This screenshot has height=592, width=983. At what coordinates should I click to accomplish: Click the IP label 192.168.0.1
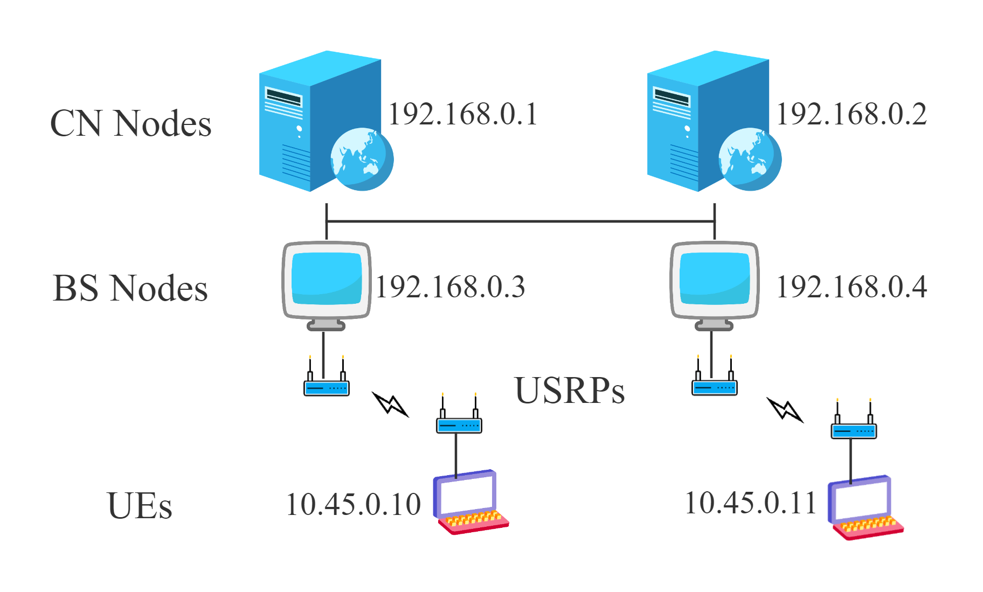[x=463, y=114]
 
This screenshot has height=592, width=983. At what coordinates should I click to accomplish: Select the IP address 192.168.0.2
[x=852, y=114]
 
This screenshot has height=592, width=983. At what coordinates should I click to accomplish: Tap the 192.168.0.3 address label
[x=451, y=287]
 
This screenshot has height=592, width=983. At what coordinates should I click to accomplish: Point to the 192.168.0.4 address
[x=852, y=287]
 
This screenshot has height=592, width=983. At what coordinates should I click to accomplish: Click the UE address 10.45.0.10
[x=354, y=505]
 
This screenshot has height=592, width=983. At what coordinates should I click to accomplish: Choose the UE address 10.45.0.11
[x=751, y=503]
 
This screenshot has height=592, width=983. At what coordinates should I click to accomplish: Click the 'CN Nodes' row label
[x=130, y=123]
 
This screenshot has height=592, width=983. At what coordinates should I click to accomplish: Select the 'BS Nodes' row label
[x=130, y=288]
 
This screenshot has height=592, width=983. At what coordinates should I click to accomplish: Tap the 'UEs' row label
[x=140, y=506]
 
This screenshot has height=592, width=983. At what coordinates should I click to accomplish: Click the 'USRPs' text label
[x=570, y=389]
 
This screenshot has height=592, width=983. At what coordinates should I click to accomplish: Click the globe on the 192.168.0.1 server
[x=362, y=159]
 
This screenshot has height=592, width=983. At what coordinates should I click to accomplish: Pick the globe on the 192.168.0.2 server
[x=750, y=159]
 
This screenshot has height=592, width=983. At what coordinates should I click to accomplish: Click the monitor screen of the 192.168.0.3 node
[x=327, y=279]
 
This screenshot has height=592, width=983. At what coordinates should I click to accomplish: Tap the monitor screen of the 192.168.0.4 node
[x=715, y=279]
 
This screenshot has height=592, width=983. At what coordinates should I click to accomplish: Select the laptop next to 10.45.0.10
[x=470, y=502]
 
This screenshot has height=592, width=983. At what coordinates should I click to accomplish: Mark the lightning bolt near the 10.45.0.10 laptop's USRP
[x=390, y=404]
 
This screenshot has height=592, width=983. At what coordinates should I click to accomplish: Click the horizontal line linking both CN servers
[x=521, y=221]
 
